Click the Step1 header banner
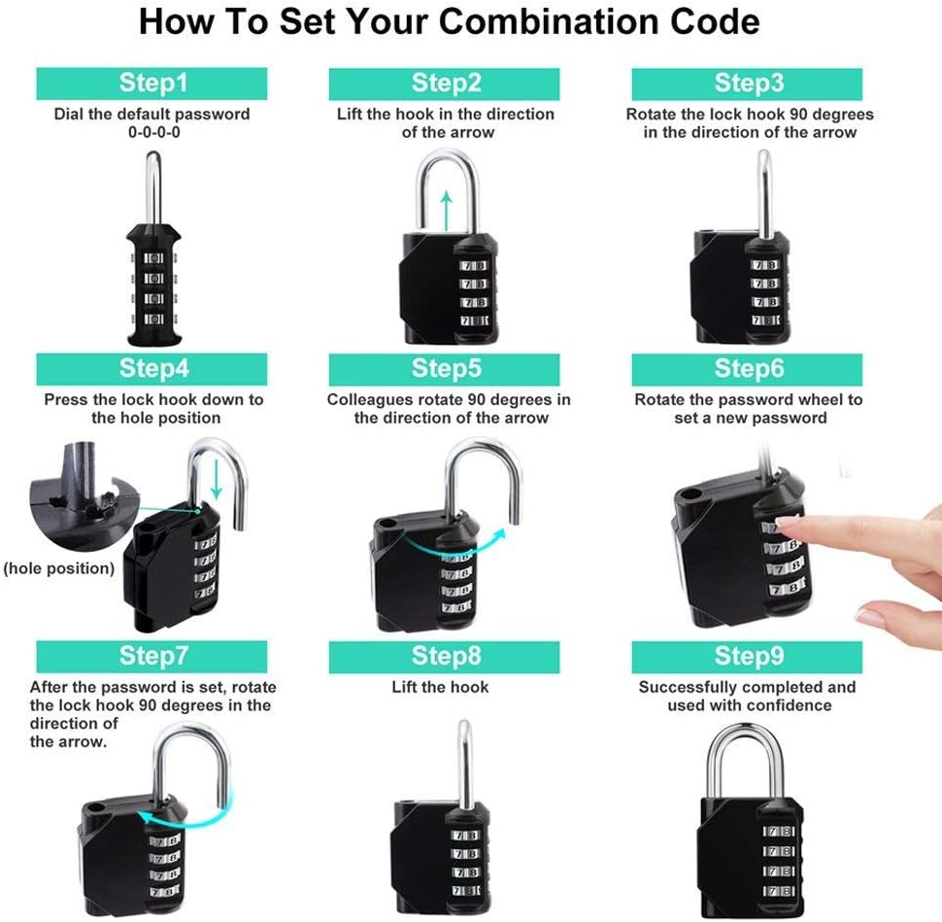pyautogui.click(x=151, y=84)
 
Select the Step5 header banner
pyautogui.click(x=446, y=369)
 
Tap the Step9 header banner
pyautogui.click(x=748, y=657)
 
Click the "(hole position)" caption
pyautogui.click(x=58, y=567)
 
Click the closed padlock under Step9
pyautogui.click(x=746, y=831)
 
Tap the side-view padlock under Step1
pyautogui.click(x=151, y=272)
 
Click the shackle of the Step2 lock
pyautogui.click(x=447, y=189)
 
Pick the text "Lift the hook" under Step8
pyautogui.click(x=440, y=687)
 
